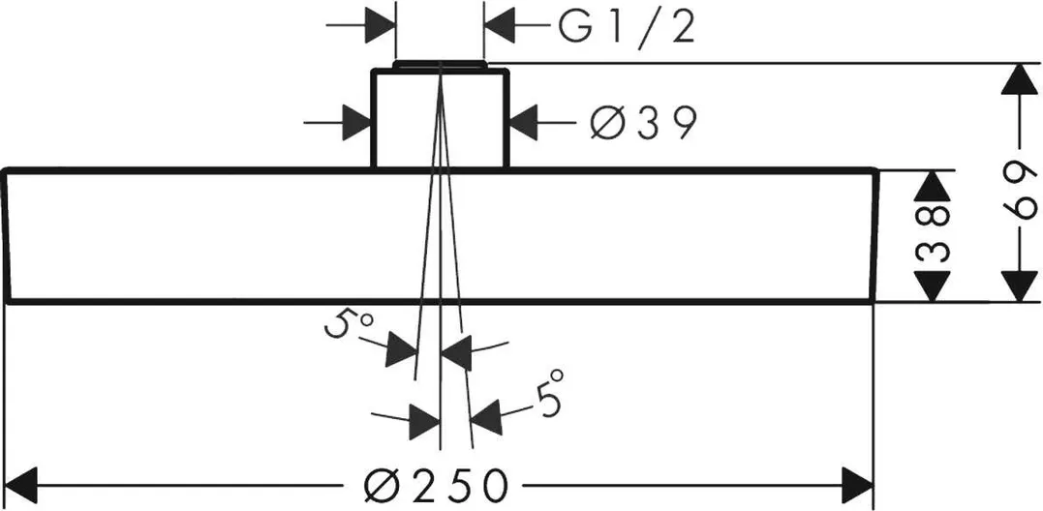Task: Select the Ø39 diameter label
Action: [x=643, y=123]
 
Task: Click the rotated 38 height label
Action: [x=931, y=235]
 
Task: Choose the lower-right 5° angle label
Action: [x=548, y=393]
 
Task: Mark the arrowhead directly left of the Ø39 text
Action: [x=528, y=123]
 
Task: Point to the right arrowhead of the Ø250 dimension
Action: [x=857, y=481]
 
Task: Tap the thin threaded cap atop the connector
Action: [x=441, y=65]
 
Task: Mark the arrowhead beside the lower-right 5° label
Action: [x=488, y=414]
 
